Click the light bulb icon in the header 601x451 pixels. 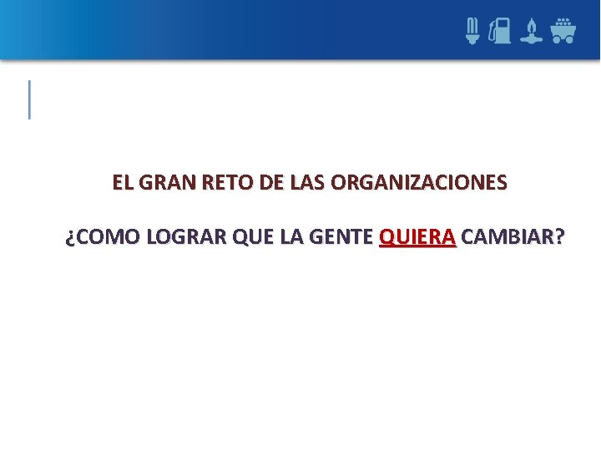tap(472, 31)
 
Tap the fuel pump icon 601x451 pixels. tap(501, 31)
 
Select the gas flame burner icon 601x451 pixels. tap(531, 32)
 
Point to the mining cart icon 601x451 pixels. tap(563, 30)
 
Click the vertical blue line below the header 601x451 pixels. tap(30, 99)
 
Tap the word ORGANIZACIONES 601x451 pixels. tap(418, 182)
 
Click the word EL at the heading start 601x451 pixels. tap(122, 182)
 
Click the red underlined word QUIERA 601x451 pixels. tap(417, 238)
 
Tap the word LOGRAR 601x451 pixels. tap(184, 238)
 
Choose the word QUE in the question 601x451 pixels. tap(252, 238)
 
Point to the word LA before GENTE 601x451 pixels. tap(292, 238)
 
